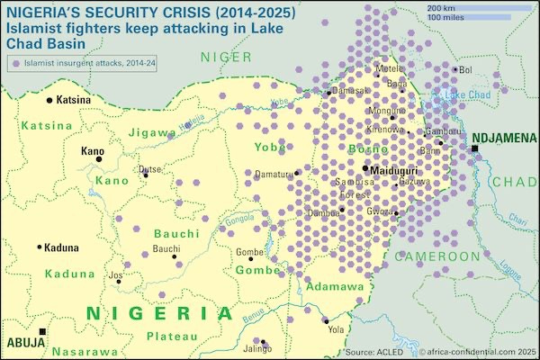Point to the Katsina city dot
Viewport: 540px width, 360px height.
pyautogui.click(x=50, y=99)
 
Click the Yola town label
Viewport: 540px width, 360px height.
pyautogui.click(x=337, y=329)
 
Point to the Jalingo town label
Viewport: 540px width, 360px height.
pyautogui.click(x=257, y=348)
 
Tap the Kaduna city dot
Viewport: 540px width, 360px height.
pyautogui.click(x=40, y=247)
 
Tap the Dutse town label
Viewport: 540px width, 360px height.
pyautogui.click(x=149, y=169)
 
